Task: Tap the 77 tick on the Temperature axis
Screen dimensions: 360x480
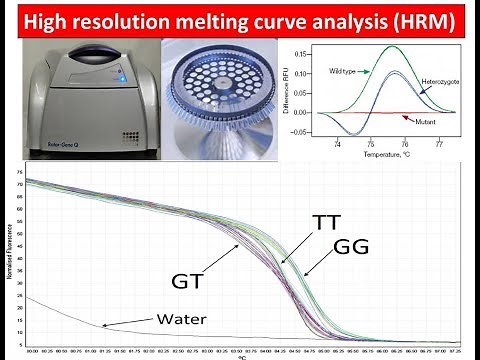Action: click(439, 144)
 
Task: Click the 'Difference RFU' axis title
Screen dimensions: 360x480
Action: click(295, 91)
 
